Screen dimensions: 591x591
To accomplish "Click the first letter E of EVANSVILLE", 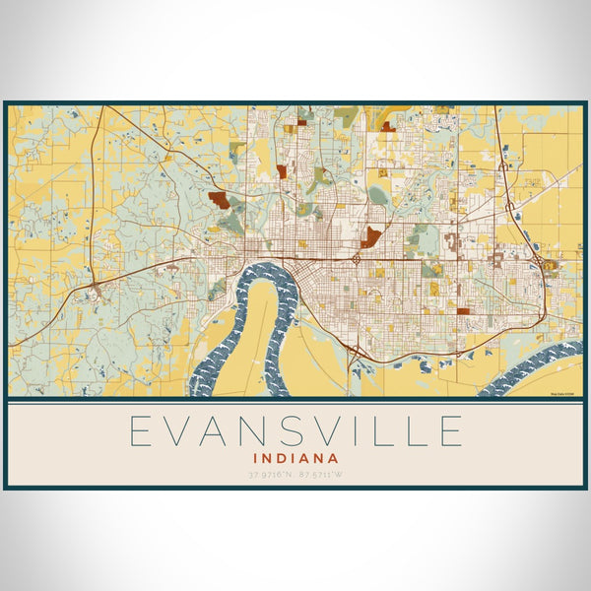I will click(x=142, y=431).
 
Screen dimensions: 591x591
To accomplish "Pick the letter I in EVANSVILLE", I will click(x=371, y=431).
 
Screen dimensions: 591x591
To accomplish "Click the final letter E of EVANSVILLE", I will click(x=450, y=431).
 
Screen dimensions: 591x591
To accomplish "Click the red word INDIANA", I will click(x=295, y=458).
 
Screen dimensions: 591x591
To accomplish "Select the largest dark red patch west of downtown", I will click(x=219, y=199).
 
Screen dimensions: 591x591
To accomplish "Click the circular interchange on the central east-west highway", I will click(x=356, y=259).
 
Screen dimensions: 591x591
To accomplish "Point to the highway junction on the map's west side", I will click(x=96, y=288).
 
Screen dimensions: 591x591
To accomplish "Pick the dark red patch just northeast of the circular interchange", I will click(x=371, y=236).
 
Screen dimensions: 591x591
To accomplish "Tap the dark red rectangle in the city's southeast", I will click(x=462, y=310).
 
